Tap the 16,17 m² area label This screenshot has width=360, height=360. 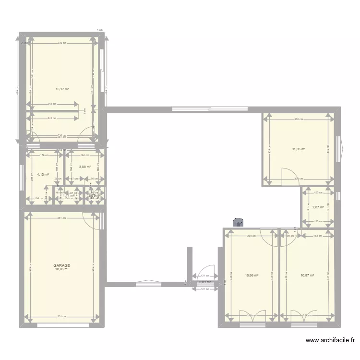point(62,89)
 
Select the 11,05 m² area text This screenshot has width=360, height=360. point(298,149)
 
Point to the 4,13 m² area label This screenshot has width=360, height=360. point(43,175)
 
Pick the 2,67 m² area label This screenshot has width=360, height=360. point(318,207)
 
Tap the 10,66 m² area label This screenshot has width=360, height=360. point(252,275)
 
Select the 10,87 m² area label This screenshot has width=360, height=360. point(307,275)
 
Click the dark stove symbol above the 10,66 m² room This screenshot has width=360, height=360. point(238,222)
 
